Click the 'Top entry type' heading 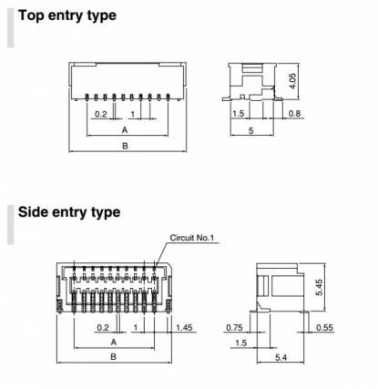67,15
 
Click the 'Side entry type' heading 69,212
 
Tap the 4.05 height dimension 292,81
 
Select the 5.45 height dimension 320,287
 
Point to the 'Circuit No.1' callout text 192,238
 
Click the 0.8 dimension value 294,114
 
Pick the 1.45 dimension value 184,327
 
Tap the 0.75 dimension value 234,327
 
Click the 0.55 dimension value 324,327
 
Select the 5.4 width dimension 281,358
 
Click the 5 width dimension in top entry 251,131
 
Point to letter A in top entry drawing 125,130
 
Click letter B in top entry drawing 125,146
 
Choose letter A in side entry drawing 114,343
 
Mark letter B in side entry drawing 113,356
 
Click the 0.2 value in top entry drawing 101,114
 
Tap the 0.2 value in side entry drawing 103,328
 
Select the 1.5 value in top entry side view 238,114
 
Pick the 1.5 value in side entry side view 241,343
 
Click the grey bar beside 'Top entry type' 11,27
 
